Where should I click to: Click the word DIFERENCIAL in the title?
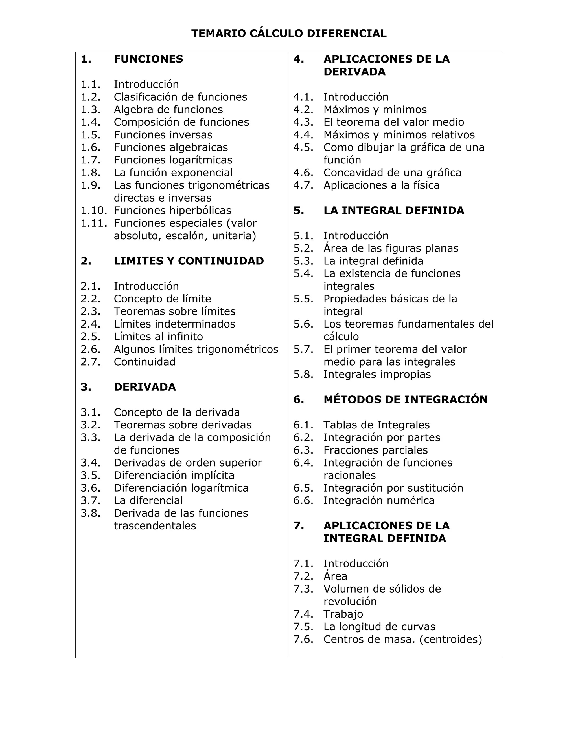pos(347,34)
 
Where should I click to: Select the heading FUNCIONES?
pos(148,59)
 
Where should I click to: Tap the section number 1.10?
pos(93,210)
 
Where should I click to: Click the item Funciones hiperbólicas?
pos(172,210)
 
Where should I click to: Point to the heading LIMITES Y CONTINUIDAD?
pos(189,261)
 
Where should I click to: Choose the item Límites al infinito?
pos(158,337)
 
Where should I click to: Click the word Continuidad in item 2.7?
pos(144,362)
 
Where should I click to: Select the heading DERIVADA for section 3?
pos(145,387)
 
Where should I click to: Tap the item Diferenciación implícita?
pos(174,476)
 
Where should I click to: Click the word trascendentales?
pos(155,526)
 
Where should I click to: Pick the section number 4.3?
pos(303,122)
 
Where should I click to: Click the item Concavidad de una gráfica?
pos(392,173)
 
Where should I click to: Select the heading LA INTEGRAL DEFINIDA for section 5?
pos(394,210)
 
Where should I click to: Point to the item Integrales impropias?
pos(377,375)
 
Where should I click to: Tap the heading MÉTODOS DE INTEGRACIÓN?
pos(406,399)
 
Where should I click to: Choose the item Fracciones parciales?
pos(376,450)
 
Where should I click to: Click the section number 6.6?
pos(303,501)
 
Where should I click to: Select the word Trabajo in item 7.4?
pos(343,614)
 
